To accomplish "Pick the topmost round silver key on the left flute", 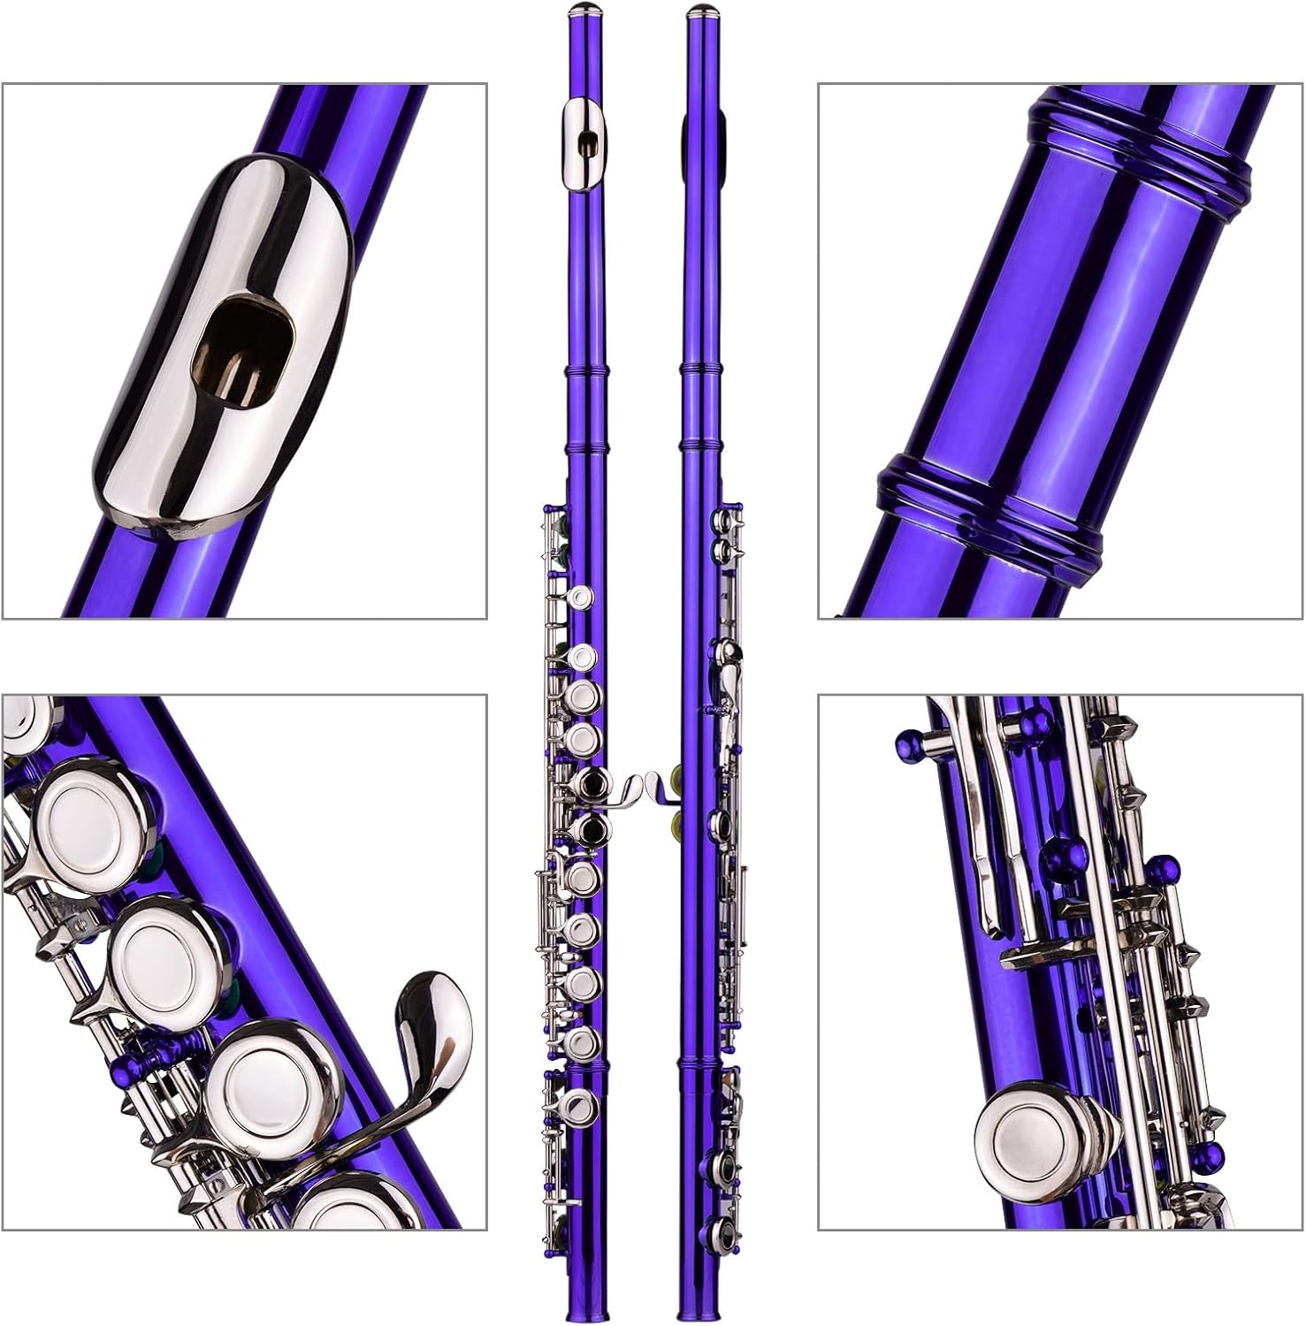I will (581, 598).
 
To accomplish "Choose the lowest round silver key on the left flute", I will (581, 1104).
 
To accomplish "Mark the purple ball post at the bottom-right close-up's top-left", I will (911, 743).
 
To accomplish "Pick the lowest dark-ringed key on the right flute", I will (719, 1227).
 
